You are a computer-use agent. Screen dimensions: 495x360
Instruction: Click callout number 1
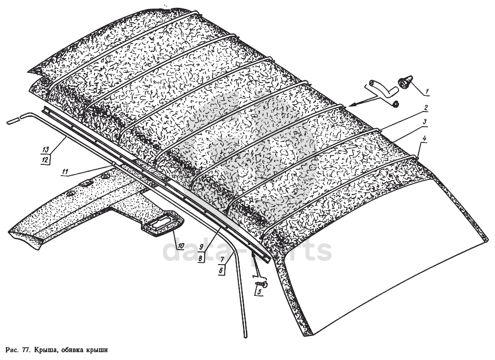click(x=426, y=90)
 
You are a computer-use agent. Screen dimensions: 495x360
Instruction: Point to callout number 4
click(x=424, y=138)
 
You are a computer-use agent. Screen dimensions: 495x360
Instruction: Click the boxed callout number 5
click(x=259, y=292)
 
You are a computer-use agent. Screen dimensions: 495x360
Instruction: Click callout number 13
click(x=45, y=149)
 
